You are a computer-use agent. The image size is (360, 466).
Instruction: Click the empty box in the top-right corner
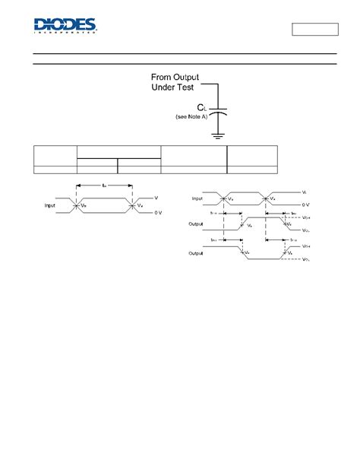point(314,30)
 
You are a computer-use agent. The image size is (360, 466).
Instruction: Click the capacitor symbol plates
point(217,111)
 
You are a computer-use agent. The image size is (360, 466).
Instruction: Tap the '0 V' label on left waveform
point(158,213)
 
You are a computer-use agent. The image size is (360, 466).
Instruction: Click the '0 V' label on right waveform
point(305,205)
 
